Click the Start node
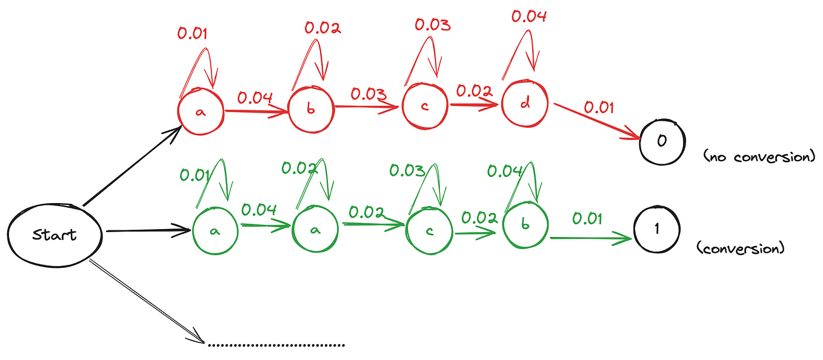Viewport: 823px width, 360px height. click(55, 235)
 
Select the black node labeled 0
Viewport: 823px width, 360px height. click(662, 141)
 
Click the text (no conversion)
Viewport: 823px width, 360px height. click(760, 157)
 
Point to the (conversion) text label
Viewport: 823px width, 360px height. click(741, 248)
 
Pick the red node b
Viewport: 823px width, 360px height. click(310, 110)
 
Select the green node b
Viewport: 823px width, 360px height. click(525, 224)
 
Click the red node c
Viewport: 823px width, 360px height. click(425, 106)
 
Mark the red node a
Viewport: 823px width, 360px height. click(201, 112)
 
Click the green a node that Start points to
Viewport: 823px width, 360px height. click(215, 231)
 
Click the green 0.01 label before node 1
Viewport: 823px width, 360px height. click(587, 218)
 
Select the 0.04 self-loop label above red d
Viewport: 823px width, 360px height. click(528, 16)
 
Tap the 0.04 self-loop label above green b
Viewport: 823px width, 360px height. click(505, 172)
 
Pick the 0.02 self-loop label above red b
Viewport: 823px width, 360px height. click(322, 27)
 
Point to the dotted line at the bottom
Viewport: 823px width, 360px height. click(276, 345)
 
